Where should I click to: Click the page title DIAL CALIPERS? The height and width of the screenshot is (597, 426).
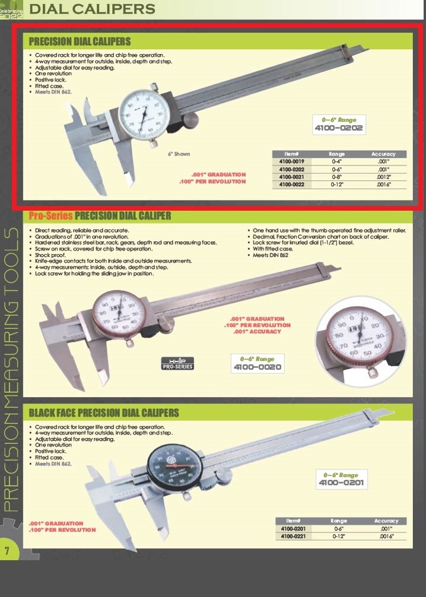click(x=92, y=9)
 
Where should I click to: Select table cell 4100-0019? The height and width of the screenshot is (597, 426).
click(x=291, y=161)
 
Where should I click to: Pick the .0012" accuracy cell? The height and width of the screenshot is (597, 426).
click(x=383, y=176)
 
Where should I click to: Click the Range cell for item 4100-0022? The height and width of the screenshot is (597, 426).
click(x=336, y=184)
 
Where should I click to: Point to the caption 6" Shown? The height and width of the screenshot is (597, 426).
click(x=179, y=154)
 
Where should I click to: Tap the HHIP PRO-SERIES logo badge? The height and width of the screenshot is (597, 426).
click(x=177, y=363)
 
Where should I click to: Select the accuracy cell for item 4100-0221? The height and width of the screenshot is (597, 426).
click(x=383, y=536)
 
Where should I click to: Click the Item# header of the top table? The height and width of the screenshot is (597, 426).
click(x=291, y=154)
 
